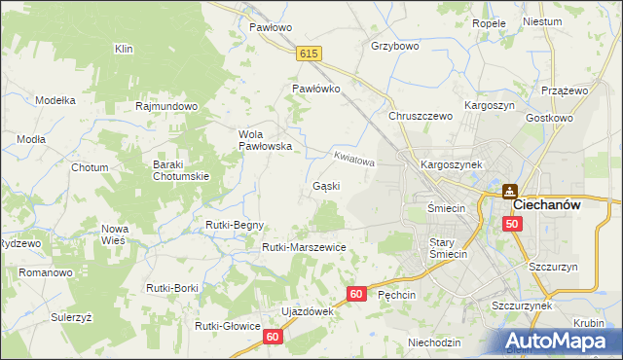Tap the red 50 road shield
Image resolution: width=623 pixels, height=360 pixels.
[x=512, y=224]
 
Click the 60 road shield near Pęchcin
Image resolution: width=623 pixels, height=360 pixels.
[x=357, y=293]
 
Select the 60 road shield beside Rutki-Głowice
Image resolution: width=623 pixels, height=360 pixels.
[x=272, y=336]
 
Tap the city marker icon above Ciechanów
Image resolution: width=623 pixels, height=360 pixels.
[x=509, y=192]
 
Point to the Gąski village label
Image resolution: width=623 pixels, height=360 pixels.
[x=325, y=186]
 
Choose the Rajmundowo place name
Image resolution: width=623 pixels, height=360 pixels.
[x=167, y=106]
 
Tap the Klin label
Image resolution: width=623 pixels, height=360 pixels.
[x=124, y=48]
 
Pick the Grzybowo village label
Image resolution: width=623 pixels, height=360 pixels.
[x=394, y=46]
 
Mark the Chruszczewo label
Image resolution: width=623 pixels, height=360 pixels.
[x=421, y=116]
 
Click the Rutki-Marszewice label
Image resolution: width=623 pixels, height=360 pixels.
[x=304, y=247]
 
